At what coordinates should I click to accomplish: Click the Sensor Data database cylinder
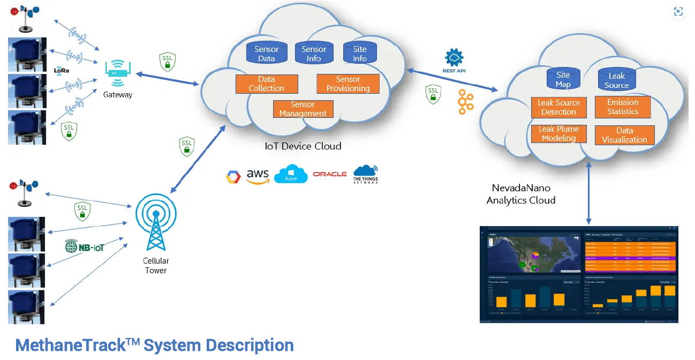(x=266, y=52)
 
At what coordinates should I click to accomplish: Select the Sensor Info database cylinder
(x=314, y=52)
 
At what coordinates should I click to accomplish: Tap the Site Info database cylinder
(x=360, y=52)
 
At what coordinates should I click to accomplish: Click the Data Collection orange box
(x=266, y=84)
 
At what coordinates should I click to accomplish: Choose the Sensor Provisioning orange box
(x=348, y=84)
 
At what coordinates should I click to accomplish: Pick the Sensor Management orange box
(x=303, y=109)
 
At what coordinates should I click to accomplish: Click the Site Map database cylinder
(x=563, y=79)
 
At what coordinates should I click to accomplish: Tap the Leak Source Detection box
(x=558, y=107)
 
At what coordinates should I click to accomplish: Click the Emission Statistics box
(x=622, y=107)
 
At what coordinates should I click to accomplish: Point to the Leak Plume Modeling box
(x=558, y=133)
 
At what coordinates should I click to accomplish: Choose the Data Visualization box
(x=624, y=134)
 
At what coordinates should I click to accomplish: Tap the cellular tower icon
(x=156, y=224)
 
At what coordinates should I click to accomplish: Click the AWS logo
(x=258, y=176)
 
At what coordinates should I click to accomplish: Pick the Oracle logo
(x=330, y=174)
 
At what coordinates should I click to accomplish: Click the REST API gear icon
(x=454, y=58)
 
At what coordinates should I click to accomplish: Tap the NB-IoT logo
(x=84, y=246)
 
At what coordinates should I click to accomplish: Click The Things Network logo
(x=366, y=175)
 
